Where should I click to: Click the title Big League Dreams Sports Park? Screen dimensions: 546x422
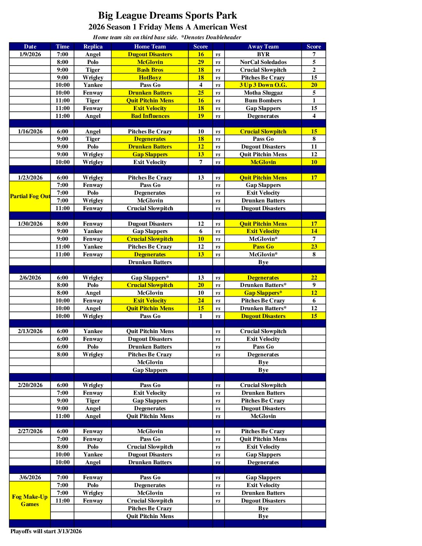(167, 16)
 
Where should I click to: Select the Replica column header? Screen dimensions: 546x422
(93, 47)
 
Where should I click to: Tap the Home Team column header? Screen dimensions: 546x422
(150, 47)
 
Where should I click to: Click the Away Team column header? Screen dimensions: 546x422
(263, 47)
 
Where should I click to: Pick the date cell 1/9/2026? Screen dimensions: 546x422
(30, 54)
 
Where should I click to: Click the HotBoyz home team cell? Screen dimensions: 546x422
(150, 78)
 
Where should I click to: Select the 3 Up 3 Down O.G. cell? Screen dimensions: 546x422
(263, 85)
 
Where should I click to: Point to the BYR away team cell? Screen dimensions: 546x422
(263, 54)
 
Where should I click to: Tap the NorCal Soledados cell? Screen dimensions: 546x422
(263, 62)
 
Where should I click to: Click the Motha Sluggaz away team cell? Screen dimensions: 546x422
(263, 93)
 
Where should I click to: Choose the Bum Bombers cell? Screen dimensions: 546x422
(263, 100)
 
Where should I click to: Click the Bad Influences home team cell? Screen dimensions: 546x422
(150, 116)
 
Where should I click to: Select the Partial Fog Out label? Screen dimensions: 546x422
(30, 196)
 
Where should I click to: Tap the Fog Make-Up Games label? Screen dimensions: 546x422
(30, 500)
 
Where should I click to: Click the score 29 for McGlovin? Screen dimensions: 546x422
(201, 62)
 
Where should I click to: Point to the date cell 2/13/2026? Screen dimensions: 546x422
(30, 331)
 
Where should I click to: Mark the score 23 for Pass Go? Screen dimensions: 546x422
(314, 247)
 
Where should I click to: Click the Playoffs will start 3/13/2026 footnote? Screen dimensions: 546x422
(46, 531)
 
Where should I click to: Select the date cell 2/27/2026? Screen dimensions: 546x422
(30, 431)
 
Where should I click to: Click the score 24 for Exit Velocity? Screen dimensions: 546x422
(201, 301)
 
